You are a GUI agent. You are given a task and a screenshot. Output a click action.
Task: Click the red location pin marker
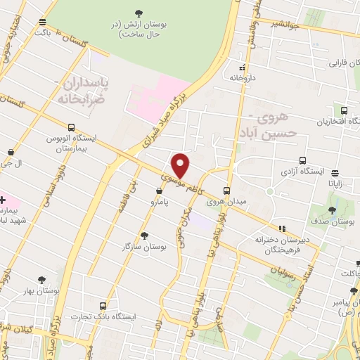pos(181,165)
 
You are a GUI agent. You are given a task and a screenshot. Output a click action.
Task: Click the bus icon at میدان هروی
pos(226,191)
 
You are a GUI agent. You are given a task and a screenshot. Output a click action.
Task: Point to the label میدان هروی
pos(226,202)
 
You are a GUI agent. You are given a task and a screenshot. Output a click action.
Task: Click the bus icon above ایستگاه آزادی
pos(302,160)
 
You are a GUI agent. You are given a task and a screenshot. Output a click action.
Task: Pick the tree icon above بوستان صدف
pos(332,210)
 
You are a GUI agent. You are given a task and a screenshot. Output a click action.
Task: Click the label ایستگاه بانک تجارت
pos(104,317)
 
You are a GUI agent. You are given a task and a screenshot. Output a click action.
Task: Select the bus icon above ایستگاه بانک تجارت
pos(103,306)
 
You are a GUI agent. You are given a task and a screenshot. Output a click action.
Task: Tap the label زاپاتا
pos(335,183)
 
